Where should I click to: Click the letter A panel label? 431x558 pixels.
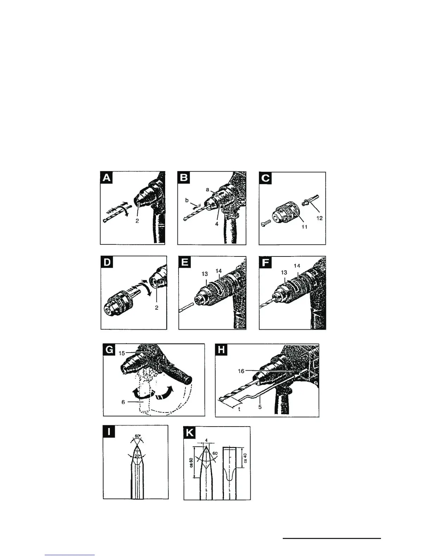pyautogui.click(x=106, y=178)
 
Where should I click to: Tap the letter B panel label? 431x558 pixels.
pyautogui.click(x=183, y=178)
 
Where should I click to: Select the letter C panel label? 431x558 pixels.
pyautogui.click(x=265, y=178)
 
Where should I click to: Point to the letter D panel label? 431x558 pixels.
pyautogui.click(x=107, y=262)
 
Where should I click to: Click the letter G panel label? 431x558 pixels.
pyautogui.click(x=110, y=350)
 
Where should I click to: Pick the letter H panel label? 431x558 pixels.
pyautogui.click(x=222, y=350)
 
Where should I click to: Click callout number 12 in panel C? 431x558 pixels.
pyautogui.click(x=319, y=218)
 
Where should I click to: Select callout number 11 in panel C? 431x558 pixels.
pyautogui.click(x=304, y=227)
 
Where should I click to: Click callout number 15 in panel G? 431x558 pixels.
pyautogui.click(x=121, y=353)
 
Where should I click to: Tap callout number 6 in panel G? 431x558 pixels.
pyautogui.click(x=123, y=402)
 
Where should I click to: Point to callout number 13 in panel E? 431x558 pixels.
pyautogui.click(x=205, y=273)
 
